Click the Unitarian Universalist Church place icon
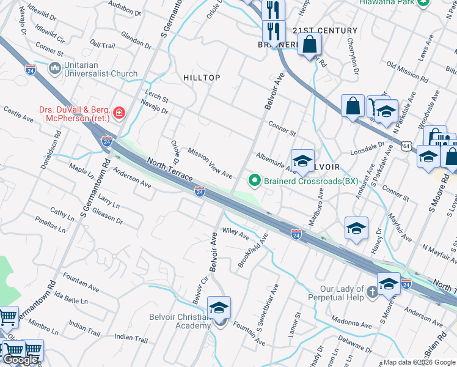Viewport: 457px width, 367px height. tap(55, 67)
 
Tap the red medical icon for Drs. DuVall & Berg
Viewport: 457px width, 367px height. tap(118, 112)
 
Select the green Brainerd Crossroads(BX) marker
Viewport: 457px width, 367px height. tap(255, 180)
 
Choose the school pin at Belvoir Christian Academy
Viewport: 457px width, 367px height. tap(219, 309)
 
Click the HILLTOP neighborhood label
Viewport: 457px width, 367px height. tap(202, 77)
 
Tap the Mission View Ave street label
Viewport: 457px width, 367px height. tap(210, 163)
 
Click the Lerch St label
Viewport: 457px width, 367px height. tap(156, 96)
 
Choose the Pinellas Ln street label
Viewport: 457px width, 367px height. tap(50, 224)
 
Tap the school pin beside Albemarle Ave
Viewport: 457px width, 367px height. tap(302, 161)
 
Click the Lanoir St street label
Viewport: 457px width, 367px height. tap(298, 324)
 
